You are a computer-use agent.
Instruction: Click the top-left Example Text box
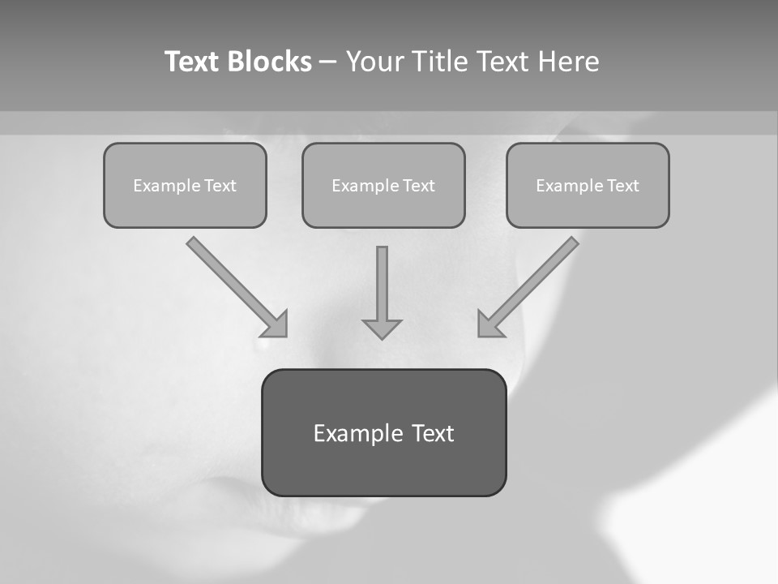point(185,185)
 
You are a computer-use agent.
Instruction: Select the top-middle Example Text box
point(383,185)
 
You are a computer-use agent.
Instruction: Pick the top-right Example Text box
point(588,185)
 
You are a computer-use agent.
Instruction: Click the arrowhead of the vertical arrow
point(382,328)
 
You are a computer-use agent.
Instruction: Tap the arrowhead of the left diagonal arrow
point(276,324)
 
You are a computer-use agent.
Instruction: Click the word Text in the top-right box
point(623,186)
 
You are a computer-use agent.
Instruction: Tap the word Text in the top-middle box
point(419,186)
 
